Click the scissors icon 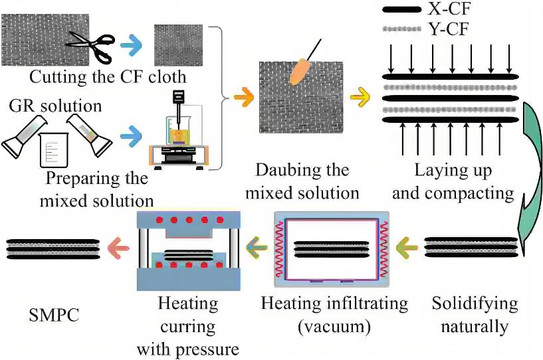point(88,41)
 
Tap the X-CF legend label point(445,9)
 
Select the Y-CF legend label point(444,29)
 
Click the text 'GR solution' point(55,106)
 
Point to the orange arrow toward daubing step point(243,98)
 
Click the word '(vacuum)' point(334,326)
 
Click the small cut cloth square point(178,44)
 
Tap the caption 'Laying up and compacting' point(453,182)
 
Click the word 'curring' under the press point(187,326)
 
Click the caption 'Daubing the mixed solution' point(302,182)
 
